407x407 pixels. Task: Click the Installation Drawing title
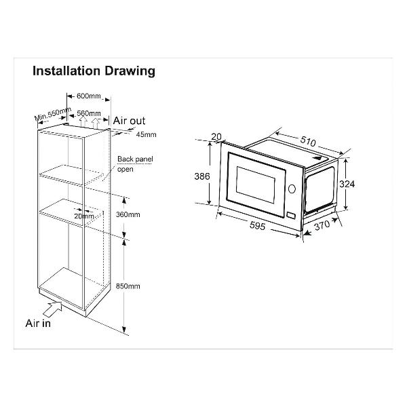(x=94, y=71)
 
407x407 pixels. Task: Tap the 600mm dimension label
(x=88, y=96)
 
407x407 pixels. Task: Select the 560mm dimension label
(x=89, y=113)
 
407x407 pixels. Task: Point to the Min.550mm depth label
(x=53, y=114)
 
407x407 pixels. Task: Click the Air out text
(x=129, y=121)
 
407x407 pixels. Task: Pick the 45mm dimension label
(x=147, y=134)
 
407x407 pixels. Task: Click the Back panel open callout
(x=135, y=163)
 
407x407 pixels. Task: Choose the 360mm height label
(x=128, y=214)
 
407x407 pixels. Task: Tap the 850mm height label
(x=128, y=286)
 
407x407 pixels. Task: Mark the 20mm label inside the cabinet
(x=84, y=216)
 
